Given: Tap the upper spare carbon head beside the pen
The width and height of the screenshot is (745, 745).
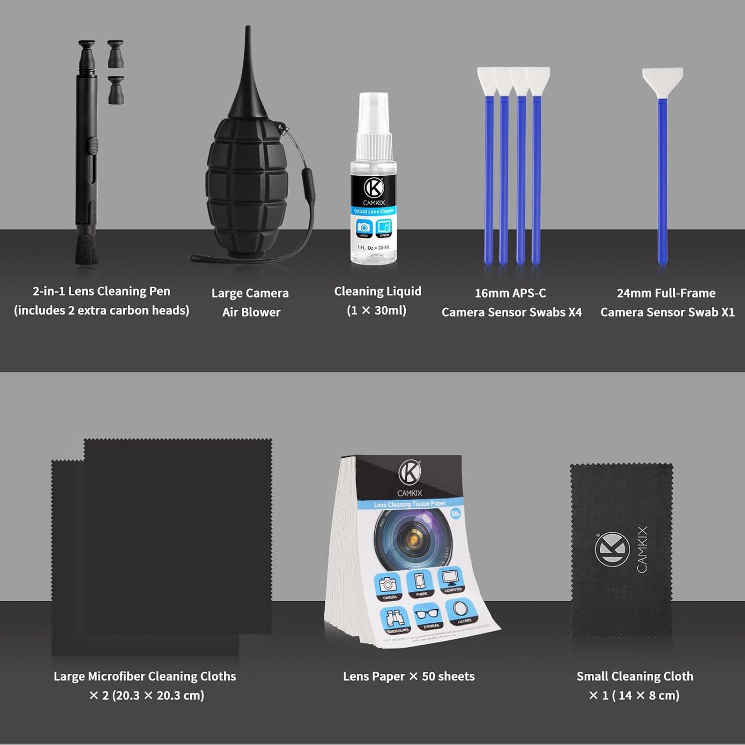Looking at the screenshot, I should (115, 54).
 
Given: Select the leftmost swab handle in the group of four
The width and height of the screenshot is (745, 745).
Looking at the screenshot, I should (488, 180).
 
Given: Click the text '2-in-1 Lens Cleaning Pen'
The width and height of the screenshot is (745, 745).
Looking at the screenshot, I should (102, 291).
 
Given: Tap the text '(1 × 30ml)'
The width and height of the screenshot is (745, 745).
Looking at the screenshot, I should (377, 310).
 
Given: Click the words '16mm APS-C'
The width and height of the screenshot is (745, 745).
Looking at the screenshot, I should (510, 293).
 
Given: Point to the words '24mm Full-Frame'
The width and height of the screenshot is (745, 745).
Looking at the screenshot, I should (666, 293).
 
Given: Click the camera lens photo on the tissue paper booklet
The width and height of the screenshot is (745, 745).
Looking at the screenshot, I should (412, 539).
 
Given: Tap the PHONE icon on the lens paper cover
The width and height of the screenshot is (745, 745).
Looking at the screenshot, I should (421, 583).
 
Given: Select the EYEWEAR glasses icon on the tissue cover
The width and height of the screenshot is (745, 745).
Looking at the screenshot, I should (428, 616).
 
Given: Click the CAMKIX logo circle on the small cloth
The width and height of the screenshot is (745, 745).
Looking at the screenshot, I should (612, 550).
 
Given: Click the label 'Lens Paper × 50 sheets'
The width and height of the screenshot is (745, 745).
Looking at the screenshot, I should (409, 676).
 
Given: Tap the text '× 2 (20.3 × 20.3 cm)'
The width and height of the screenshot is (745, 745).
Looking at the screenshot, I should (146, 696).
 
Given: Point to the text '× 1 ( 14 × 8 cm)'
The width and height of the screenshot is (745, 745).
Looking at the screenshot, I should (634, 696).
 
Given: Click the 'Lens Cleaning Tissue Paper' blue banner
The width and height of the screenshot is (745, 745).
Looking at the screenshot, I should (410, 504).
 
